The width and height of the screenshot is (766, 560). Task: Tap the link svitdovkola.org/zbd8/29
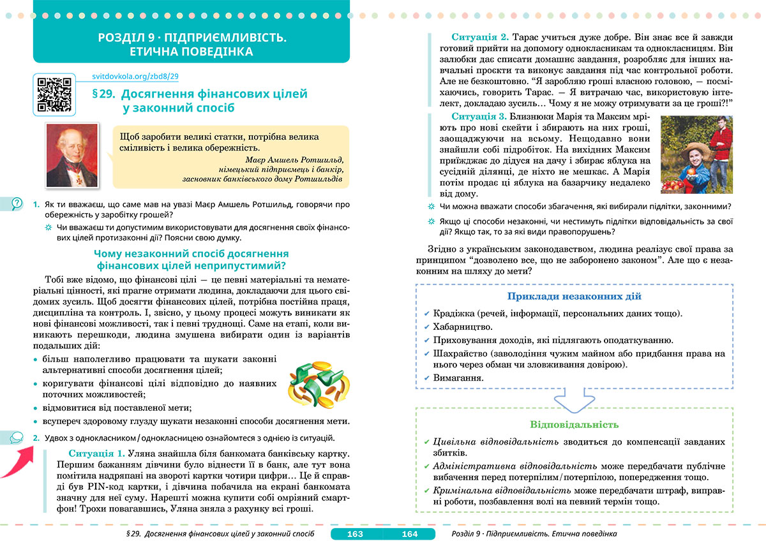pos(135,77)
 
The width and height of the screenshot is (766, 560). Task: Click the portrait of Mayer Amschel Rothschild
pos(72,156)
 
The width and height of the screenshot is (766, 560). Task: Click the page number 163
pos(354,534)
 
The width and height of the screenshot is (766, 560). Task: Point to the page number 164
pos(409,534)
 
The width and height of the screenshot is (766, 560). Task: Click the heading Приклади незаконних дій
pos(574,297)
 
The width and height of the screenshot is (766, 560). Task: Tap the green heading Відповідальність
pos(574,424)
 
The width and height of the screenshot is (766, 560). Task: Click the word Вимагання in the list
pos(458,378)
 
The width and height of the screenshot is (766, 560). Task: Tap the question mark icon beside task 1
pos(17,203)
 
